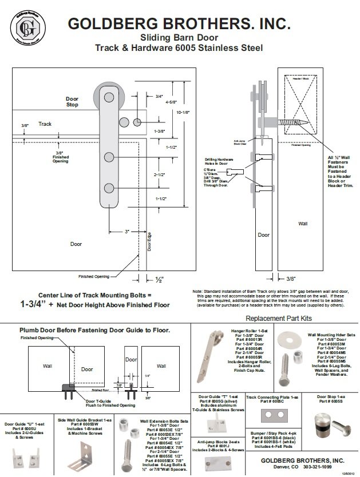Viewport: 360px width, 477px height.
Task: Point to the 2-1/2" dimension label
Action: coord(160,174)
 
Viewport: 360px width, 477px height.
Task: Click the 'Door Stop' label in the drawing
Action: coord(72,102)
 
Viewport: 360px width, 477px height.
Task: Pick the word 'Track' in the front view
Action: coord(45,124)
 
